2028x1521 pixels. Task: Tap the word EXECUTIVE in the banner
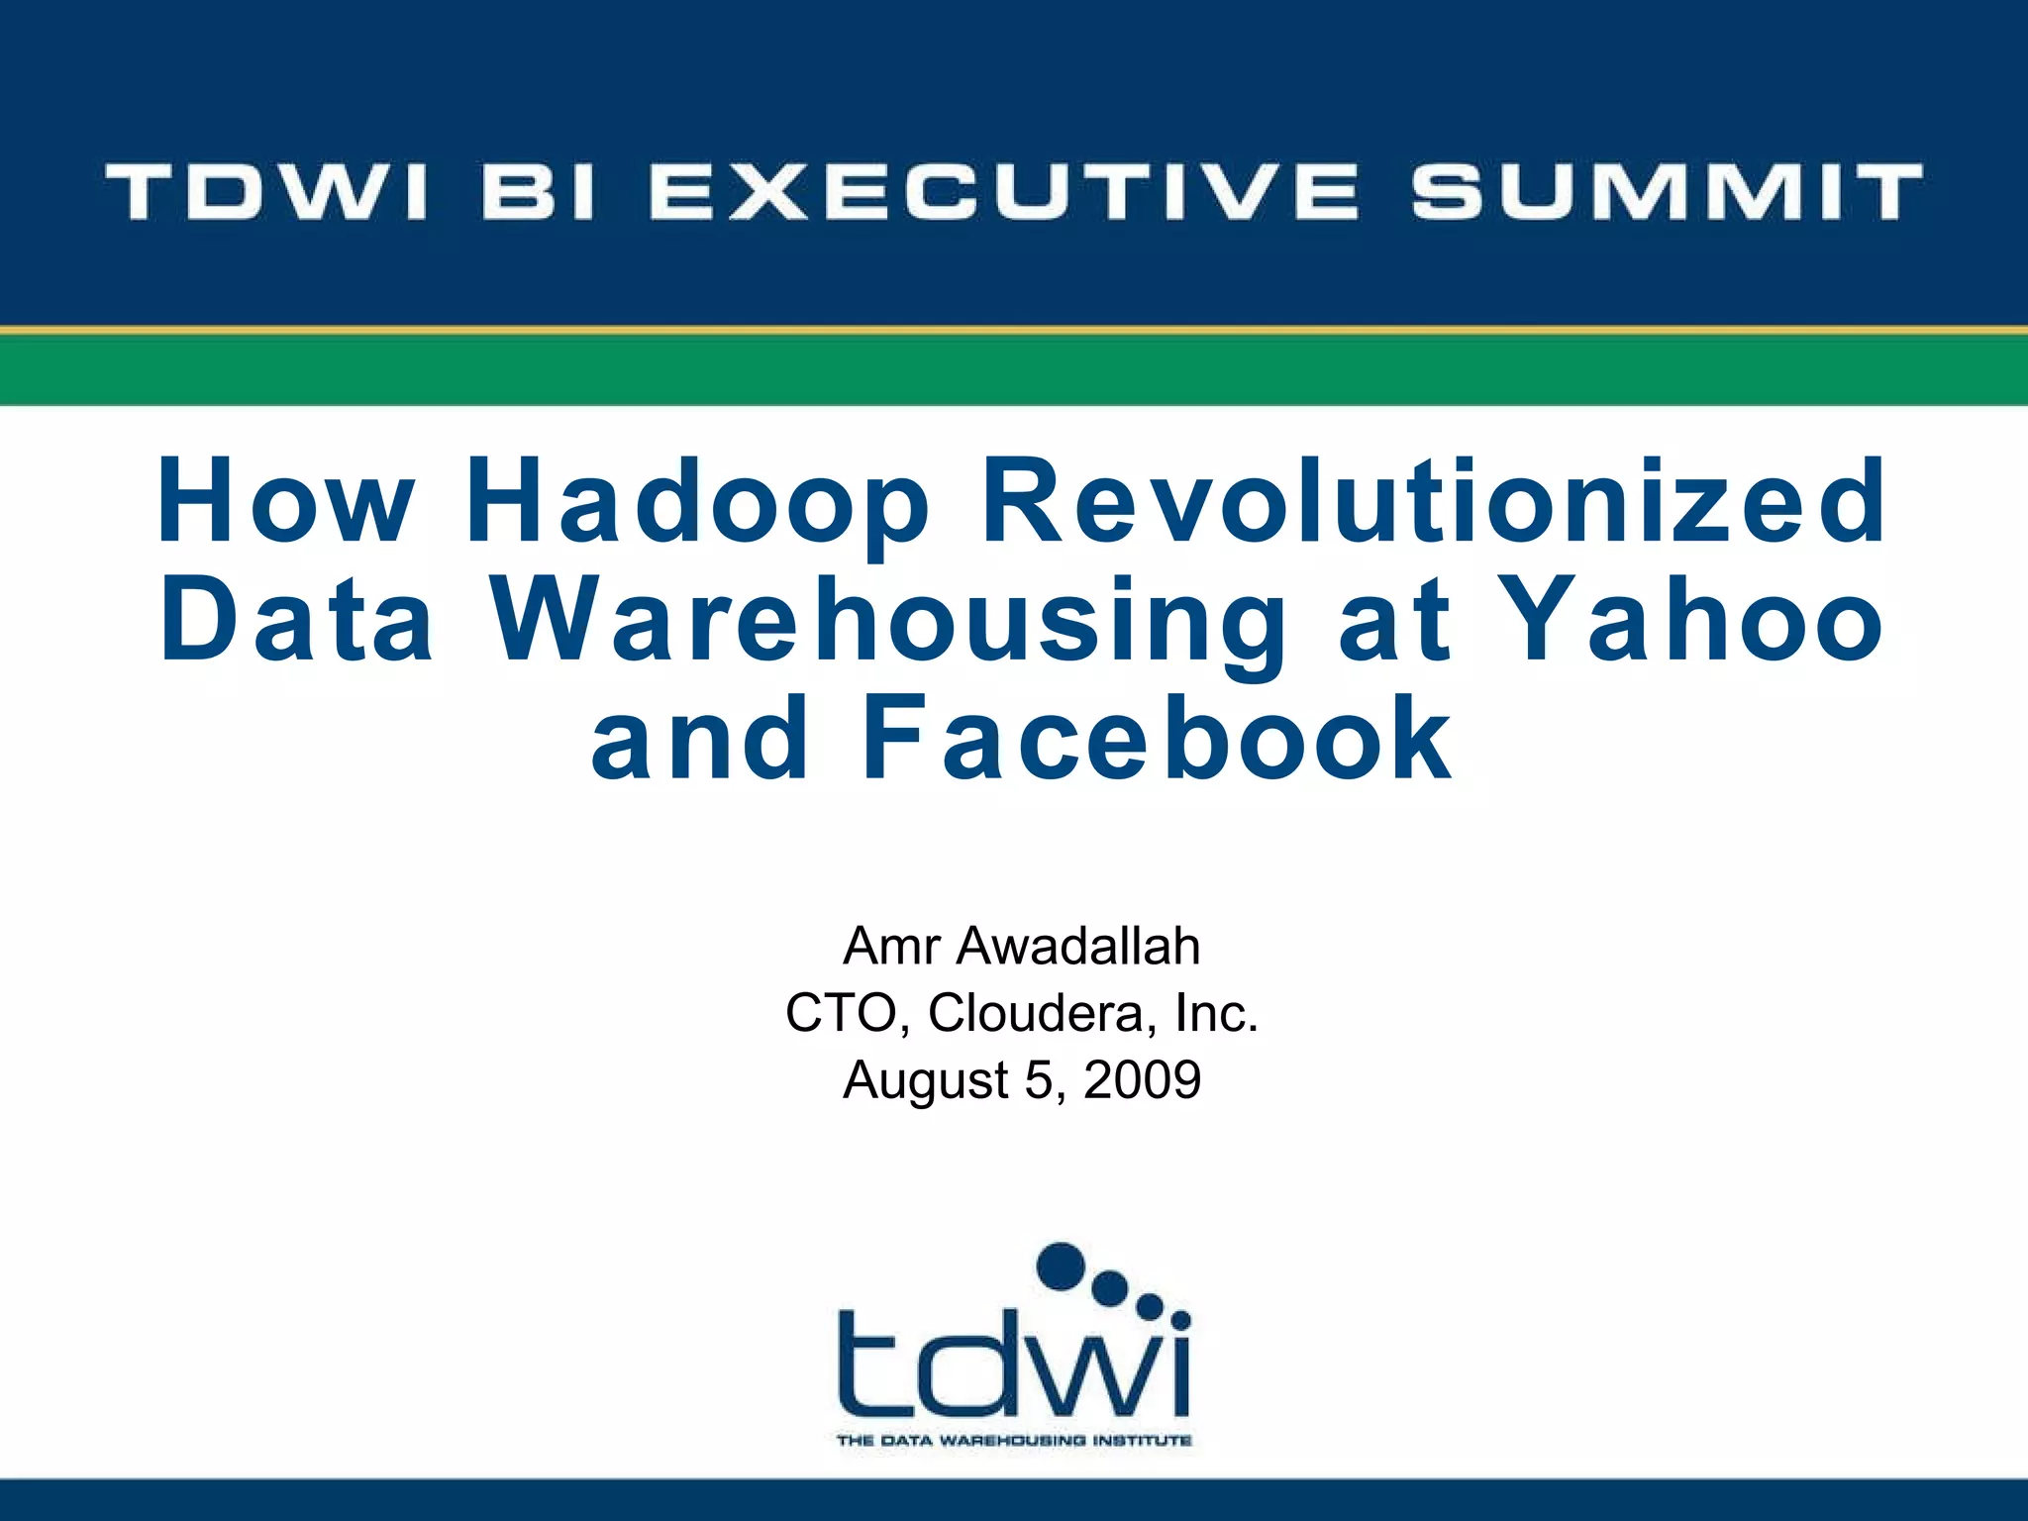1004,191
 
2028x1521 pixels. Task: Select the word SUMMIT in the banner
1667,191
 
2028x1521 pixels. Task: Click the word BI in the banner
540,191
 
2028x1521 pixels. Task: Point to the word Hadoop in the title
697,502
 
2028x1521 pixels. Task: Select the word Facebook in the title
1157,740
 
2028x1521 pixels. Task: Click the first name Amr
891,946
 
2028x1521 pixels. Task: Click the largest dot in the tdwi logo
1062,1267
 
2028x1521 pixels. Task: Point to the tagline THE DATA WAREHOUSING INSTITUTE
1014,1441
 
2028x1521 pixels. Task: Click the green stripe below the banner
1014,370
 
